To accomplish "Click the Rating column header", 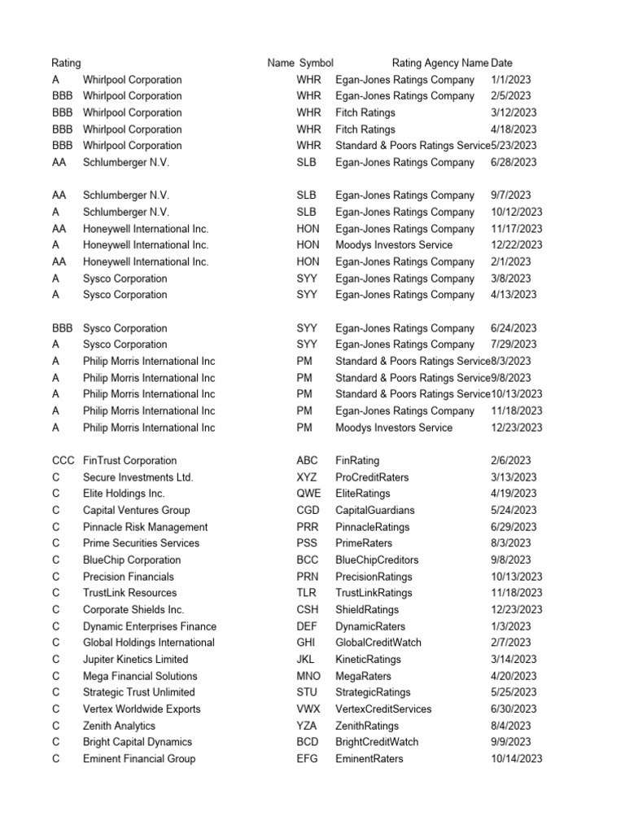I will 66,63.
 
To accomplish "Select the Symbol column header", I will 317,63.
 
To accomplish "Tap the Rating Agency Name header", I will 440,63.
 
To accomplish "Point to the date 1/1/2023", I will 511,80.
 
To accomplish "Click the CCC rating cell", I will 63,460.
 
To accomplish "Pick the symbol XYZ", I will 307,477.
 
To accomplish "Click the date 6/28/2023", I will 514,162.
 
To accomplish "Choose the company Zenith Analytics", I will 119,726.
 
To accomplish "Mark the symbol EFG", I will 308,758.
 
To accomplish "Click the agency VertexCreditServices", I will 383,709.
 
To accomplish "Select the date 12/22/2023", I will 517,245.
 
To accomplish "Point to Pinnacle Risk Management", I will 145,527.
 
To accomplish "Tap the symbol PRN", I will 308,577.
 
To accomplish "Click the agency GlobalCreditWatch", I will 378,643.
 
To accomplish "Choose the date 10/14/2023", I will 517,758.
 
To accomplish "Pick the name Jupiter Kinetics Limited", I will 135,659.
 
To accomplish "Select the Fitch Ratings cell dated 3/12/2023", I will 365,112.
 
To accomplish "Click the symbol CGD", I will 308,510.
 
